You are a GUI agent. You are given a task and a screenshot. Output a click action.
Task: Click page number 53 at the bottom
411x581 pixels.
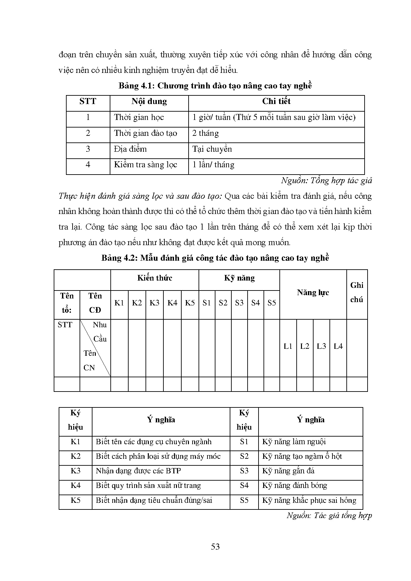[215, 547]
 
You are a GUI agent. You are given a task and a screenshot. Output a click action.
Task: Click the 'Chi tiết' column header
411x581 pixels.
[276, 101]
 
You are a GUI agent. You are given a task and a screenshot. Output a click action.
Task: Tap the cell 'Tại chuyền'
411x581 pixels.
[212, 149]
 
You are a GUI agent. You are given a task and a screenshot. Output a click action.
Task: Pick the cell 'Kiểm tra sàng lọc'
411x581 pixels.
[146, 165]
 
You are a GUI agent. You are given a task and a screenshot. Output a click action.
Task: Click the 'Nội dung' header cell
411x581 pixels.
[149, 101]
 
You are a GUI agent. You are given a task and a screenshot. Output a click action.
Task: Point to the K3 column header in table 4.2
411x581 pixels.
[154, 303]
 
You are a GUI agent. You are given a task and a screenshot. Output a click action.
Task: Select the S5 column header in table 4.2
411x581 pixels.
[271, 303]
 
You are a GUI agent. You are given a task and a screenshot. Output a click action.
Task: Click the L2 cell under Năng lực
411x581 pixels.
[305, 346]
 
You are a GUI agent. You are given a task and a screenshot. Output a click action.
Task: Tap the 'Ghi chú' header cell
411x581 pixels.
[357, 292]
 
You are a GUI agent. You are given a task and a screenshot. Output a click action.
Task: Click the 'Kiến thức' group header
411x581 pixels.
[155, 278]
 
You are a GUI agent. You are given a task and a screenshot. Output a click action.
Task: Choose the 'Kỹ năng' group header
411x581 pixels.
[239, 278]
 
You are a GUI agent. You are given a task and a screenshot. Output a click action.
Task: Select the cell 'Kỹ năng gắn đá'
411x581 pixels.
[288, 471]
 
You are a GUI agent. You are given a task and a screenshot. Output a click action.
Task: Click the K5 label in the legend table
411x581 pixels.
[76, 500]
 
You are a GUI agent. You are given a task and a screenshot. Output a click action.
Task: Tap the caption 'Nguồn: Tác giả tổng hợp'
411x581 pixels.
[329, 515]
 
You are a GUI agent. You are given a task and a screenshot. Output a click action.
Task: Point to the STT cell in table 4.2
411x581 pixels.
[65, 325]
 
